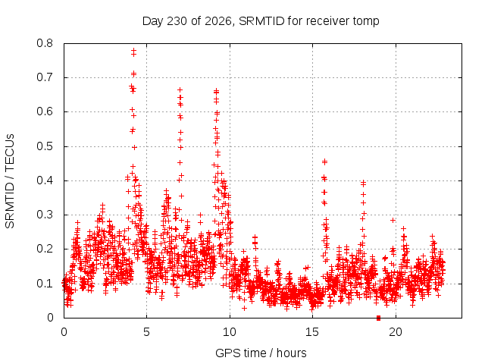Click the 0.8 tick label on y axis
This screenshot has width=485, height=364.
click(x=45, y=43)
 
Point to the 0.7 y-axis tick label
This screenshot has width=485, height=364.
click(x=45, y=77)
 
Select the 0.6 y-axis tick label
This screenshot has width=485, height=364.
click(x=45, y=111)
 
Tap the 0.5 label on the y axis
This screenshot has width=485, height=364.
click(x=45, y=146)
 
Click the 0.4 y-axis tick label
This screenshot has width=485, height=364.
click(x=45, y=180)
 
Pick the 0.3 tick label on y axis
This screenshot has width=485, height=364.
click(x=45, y=215)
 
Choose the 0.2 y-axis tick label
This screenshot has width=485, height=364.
click(x=45, y=249)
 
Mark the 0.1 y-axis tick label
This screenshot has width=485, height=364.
click(x=45, y=284)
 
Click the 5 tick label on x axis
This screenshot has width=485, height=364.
click(x=146, y=332)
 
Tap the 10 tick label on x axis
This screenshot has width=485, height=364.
click(x=230, y=332)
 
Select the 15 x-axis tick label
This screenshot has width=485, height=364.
click(x=312, y=332)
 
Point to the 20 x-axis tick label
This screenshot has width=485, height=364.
click(x=396, y=332)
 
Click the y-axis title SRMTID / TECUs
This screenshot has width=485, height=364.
click(x=10, y=181)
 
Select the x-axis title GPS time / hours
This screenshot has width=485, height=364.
click(x=261, y=353)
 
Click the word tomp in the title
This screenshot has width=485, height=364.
click(x=366, y=21)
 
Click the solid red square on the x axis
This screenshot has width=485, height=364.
click(x=378, y=318)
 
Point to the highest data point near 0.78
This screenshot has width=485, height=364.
click(x=133, y=50)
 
